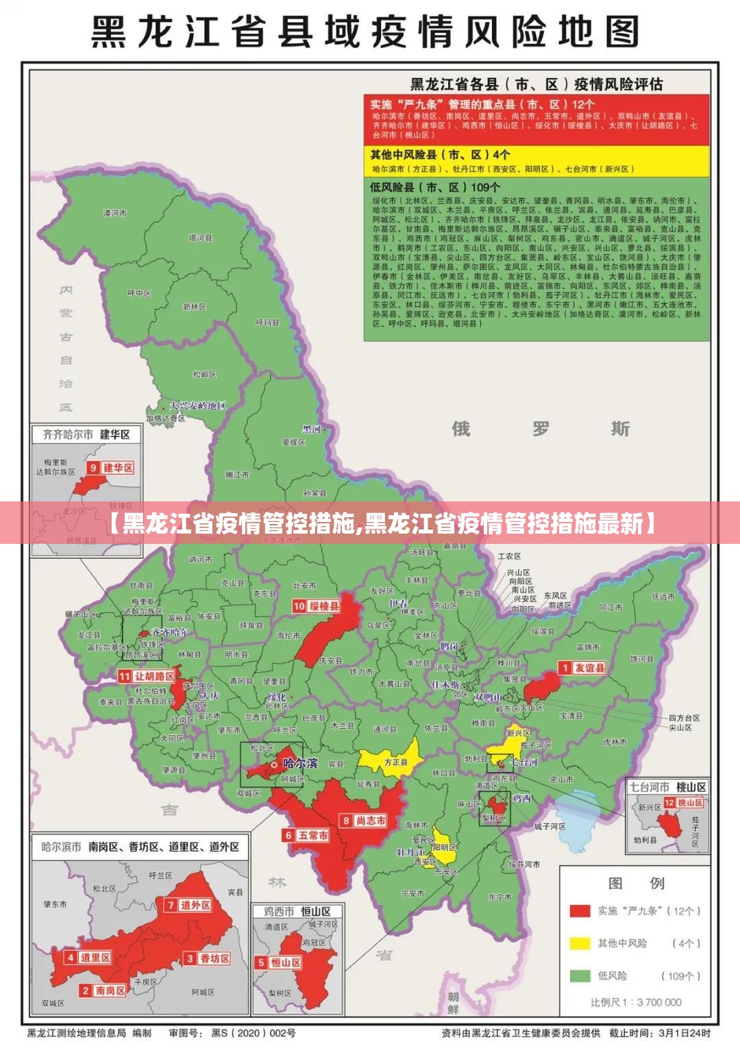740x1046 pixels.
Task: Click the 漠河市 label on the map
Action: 115,213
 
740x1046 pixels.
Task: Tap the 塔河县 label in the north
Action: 201,238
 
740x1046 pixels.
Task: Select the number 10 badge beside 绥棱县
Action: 299,606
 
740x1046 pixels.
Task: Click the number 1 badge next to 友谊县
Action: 565,667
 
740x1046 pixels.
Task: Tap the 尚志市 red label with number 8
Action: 370,821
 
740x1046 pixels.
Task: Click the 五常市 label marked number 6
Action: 312,835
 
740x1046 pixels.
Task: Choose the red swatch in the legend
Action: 580,910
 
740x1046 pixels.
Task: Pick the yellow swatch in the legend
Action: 580,943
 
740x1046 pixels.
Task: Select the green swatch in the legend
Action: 580,975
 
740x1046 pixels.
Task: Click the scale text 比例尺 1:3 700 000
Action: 636,1002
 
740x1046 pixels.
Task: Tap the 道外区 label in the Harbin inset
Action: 195,905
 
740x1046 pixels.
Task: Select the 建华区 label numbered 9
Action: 118,468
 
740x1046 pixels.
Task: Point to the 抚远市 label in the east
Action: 663,597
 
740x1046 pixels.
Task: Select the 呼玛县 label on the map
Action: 267,322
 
